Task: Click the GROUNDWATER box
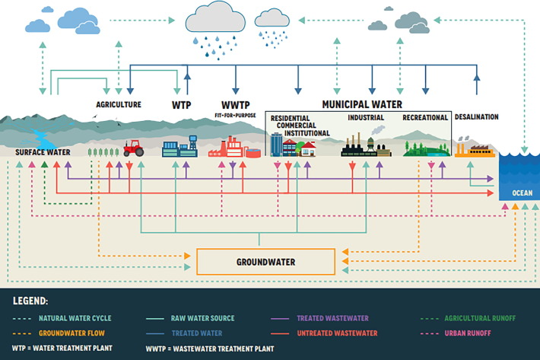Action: point(265,262)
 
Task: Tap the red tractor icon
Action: point(134,148)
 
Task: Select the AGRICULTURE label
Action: point(119,104)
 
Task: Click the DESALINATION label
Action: point(476,117)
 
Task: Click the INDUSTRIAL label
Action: point(366,118)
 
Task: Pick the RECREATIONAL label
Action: point(424,118)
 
